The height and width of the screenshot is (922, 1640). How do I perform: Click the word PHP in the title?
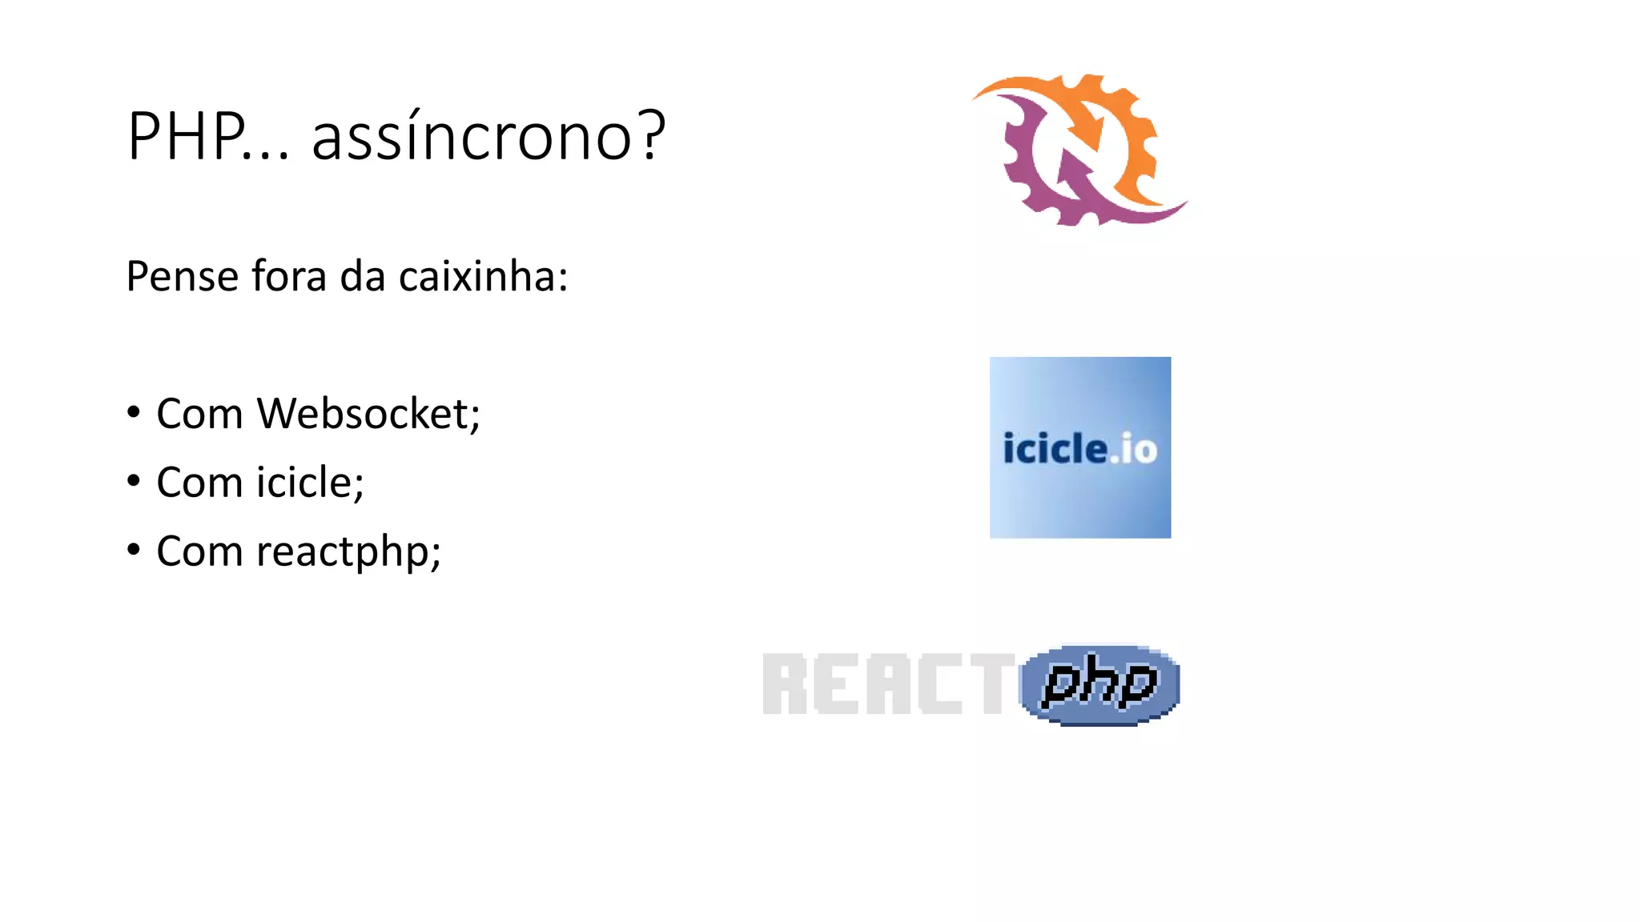click(x=186, y=136)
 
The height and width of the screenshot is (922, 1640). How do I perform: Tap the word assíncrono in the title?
click(x=472, y=136)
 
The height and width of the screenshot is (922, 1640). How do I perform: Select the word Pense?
click(x=183, y=277)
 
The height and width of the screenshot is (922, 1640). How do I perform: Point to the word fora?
click(x=289, y=277)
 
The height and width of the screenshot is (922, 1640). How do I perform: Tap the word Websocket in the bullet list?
click(x=368, y=414)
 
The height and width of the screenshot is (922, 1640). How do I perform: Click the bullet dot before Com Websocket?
click(x=134, y=413)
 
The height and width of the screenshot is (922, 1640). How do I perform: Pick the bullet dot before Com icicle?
click(x=134, y=482)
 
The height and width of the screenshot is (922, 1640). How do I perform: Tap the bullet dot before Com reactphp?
click(x=134, y=551)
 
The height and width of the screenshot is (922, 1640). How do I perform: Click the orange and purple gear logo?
click(x=1079, y=150)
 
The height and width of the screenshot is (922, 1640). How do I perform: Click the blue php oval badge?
click(x=1099, y=684)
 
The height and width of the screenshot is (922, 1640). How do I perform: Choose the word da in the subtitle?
click(x=363, y=277)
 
